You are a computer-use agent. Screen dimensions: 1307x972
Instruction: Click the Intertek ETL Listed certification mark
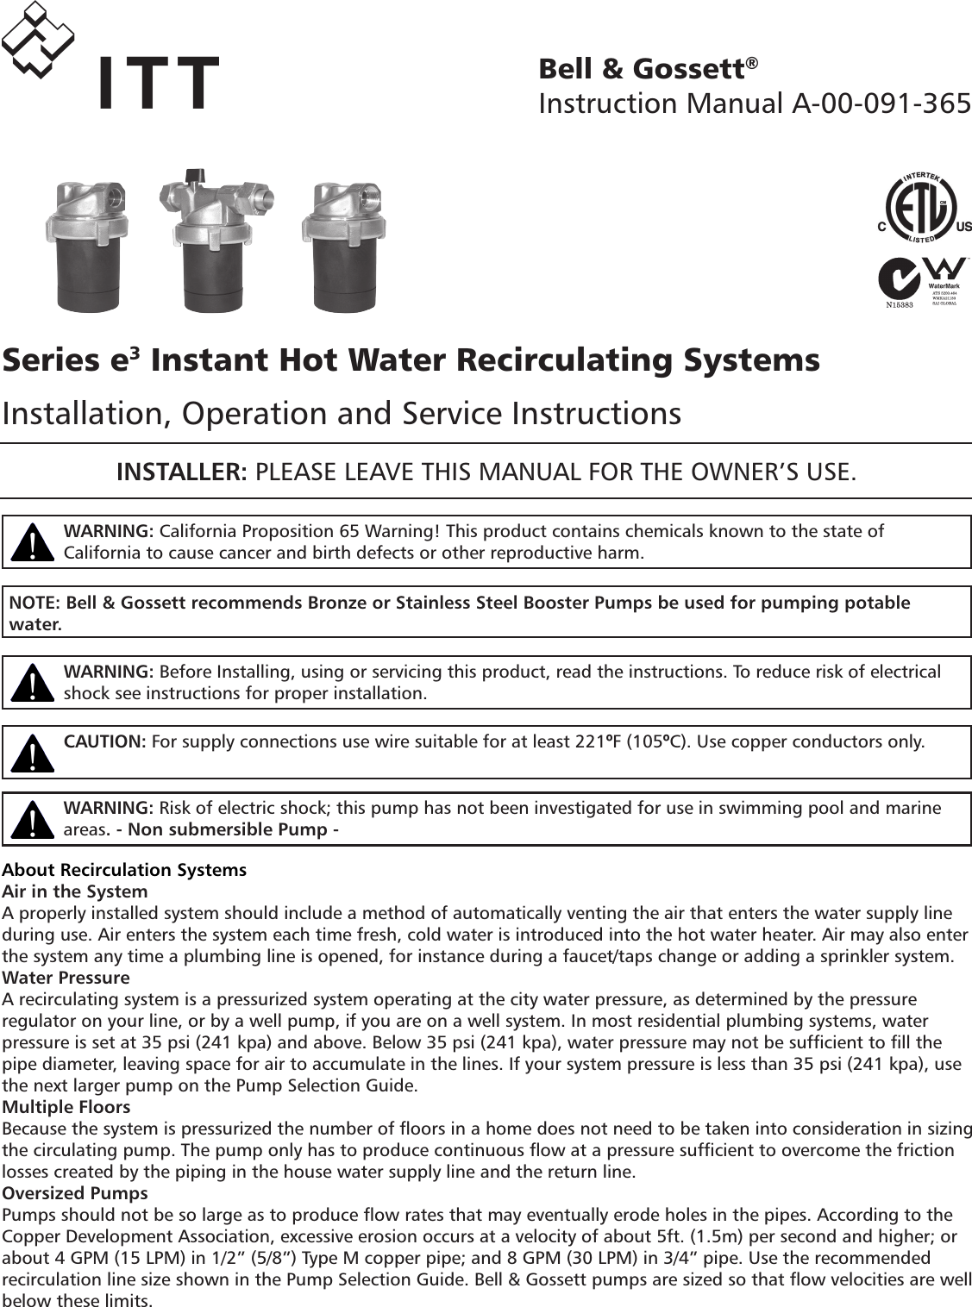[x=924, y=208]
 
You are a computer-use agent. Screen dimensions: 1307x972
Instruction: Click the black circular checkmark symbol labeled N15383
[x=900, y=283]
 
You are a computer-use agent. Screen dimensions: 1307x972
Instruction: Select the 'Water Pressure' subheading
[x=67, y=978]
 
